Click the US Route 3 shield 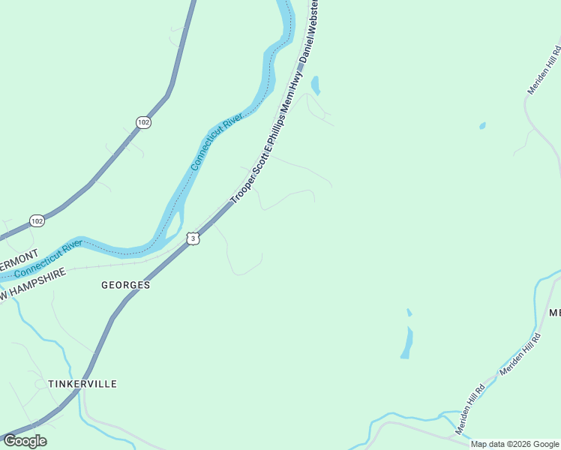tap(193, 238)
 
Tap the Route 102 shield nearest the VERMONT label tap(37, 220)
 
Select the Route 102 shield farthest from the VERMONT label tap(143, 121)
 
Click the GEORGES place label tap(126, 285)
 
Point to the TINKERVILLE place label tap(82, 383)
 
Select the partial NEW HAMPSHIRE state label tap(33, 285)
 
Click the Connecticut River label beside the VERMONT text tap(48, 259)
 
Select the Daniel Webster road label tap(310, 34)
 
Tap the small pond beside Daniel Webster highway tap(315, 85)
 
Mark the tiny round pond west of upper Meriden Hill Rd tap(482, 125)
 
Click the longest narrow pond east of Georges tap(406, 343)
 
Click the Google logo tap(25, 441)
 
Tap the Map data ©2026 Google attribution tap(514, 444)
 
